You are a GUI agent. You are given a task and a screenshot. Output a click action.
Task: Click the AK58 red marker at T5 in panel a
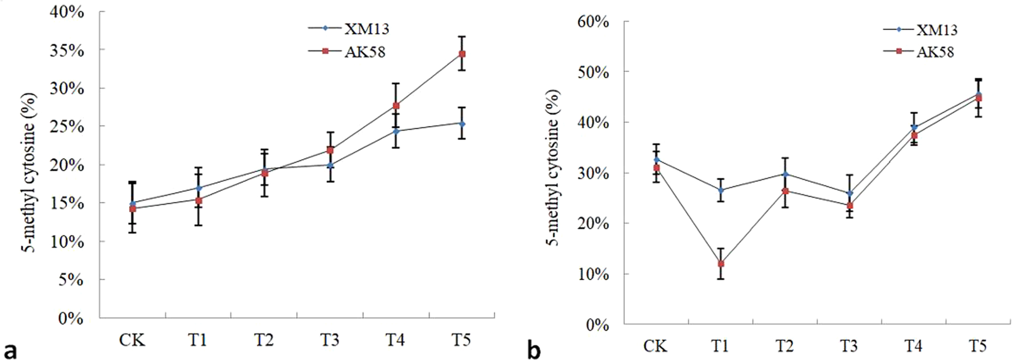point(462,54)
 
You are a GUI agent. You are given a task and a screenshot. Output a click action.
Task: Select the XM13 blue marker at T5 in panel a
point(462,123)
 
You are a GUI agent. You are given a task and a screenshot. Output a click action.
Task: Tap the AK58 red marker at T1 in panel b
point(721,264)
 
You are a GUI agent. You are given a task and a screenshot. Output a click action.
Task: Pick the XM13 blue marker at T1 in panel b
point(721,190)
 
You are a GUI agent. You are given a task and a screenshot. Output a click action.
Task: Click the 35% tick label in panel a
point(67,50)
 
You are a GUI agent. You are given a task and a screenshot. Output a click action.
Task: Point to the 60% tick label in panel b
point(592,22)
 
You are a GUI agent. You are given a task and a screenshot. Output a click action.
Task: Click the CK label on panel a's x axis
point(132,340)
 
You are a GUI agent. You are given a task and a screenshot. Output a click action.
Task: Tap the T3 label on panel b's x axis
point(849,346)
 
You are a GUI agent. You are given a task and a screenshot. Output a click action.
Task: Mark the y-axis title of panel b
point(554,167)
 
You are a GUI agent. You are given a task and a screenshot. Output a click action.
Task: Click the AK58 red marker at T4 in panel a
point(396,106)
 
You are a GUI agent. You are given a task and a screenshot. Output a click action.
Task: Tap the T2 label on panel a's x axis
point(264,340)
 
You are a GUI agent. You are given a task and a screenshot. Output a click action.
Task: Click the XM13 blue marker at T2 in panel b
point(785,174)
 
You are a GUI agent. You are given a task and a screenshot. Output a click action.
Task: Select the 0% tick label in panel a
point(72,318)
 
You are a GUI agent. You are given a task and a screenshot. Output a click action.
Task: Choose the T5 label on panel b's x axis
point(978,346)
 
